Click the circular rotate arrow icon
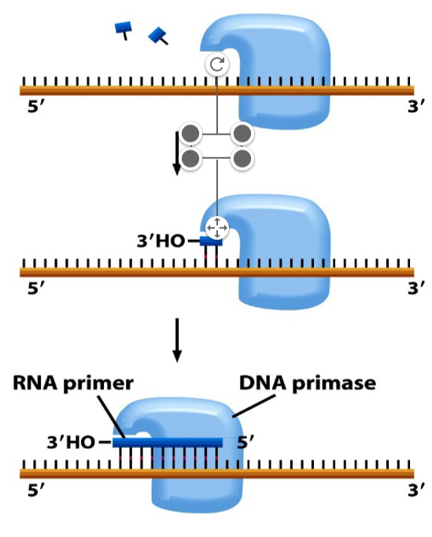216,65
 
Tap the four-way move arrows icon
216,227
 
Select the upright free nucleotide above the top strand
124,30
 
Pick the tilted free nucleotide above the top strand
159,35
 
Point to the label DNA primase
308,384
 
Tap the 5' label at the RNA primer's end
246,442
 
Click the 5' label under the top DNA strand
35,108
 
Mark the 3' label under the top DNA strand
408,108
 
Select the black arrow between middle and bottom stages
177,340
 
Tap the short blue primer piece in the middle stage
211,242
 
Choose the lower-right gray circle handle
243,160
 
